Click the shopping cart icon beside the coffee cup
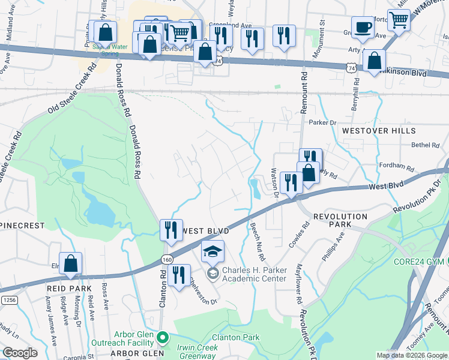[x=399, y=21]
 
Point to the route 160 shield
[x=167, y=259]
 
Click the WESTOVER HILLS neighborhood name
[x=378, y=131]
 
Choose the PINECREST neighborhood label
[x=23, y=226]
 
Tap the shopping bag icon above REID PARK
[x=70, y=264]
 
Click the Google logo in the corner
[x=20, y=353]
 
